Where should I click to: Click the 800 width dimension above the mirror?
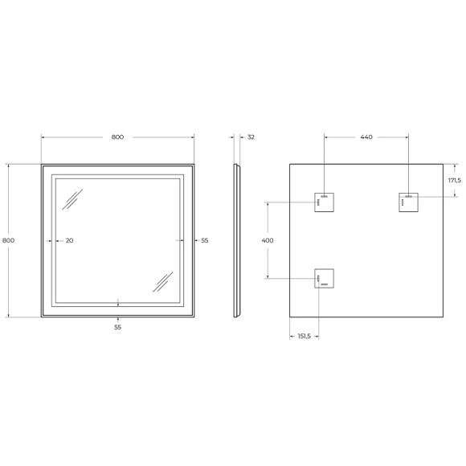tap(117, 137)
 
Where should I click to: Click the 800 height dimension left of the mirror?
tap(8, 240)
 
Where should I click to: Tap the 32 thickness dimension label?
tap(251, 137)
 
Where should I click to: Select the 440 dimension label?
tap(366, 137)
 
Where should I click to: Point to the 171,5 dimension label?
tap(455, 181)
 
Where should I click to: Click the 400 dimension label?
tap(268, 240)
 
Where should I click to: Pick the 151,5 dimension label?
tap(304, 336)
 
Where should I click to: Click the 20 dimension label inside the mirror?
tap(69, 240)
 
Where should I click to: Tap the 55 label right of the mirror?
tap(205, 240)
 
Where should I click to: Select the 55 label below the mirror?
tap(117, 327)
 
